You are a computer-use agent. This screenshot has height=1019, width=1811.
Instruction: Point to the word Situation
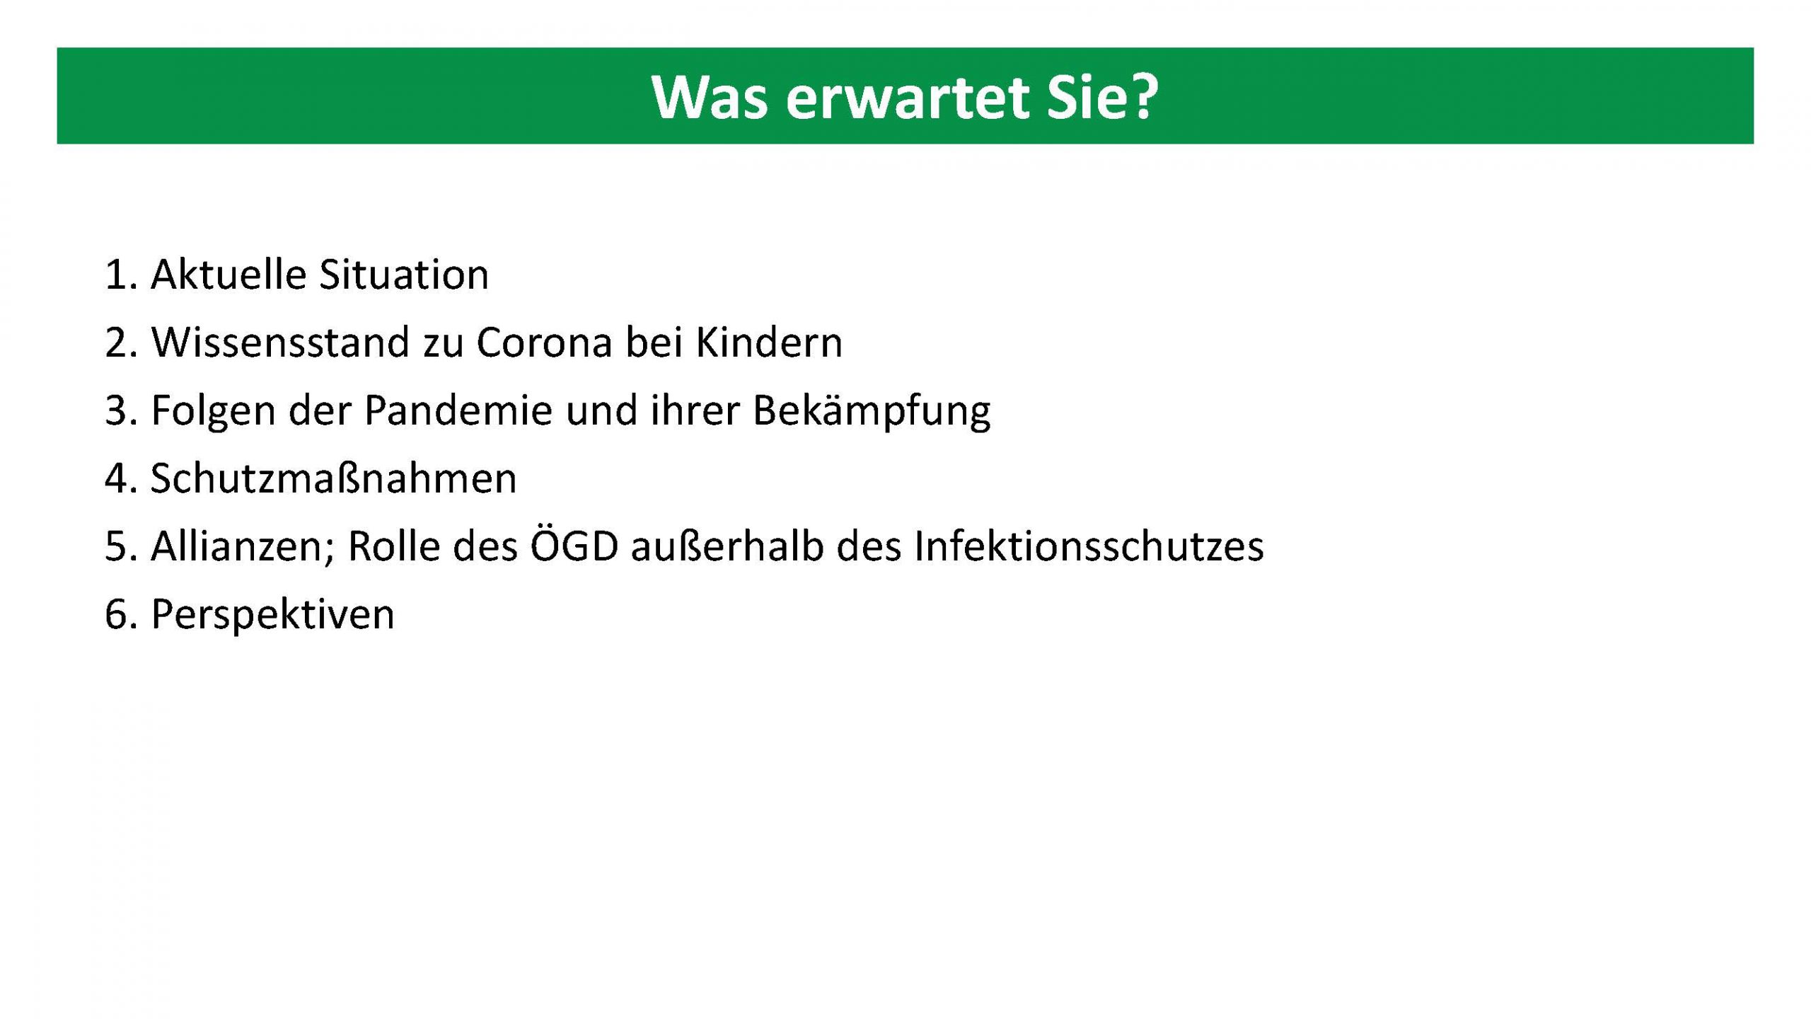[x=403, y=275]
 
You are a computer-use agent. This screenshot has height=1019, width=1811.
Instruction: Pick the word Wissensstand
[x=280, y=342]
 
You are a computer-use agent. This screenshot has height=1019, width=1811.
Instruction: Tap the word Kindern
[x=769, y=342]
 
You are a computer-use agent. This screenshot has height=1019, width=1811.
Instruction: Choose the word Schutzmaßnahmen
[x=333, y=478]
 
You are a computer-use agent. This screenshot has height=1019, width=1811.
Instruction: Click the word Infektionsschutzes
[x=1088, y=546]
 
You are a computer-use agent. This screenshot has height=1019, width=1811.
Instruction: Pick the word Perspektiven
[x=272, y=614]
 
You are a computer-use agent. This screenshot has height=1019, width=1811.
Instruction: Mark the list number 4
[x=116, y=478]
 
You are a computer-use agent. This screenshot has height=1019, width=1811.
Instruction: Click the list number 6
[x=116, y=614]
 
